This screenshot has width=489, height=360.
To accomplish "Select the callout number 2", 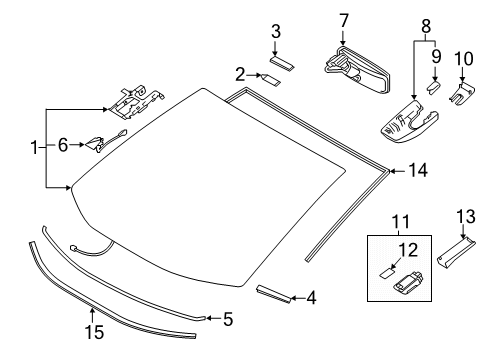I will pyautogui.click(x=241, y=73).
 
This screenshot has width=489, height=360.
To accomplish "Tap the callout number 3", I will pyautogui.click(x=275, y=33).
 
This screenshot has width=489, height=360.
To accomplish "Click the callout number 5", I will pyautogui.click(x=227, y=319).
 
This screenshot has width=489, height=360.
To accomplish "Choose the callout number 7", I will pyautogui.click(x=342, y=20).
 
